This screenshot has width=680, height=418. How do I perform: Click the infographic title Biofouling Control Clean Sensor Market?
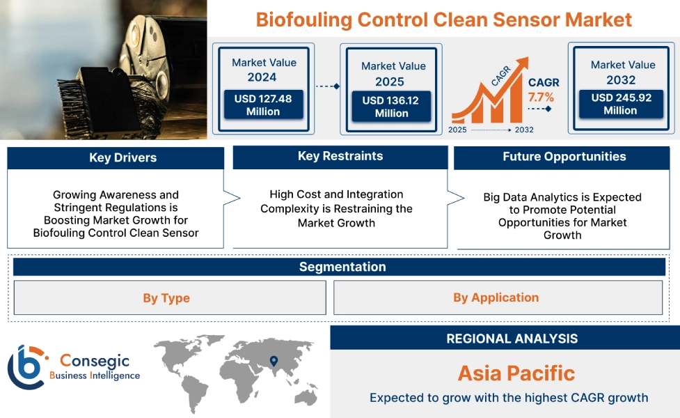pyautogui.click(x=443, y=19)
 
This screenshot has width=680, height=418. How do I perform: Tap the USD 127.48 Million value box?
pyautogui.click(x=263, y=105)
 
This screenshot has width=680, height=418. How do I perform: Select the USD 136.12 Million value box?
pyautogui.click(x=390, y=107)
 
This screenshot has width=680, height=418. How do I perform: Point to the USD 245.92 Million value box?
pyautogui.click(x=621, y=104)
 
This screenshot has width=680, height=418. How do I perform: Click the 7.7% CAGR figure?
pyautogui.click(x=541, y=97)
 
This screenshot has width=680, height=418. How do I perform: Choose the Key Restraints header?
pyautogui.click(x=340, y=157)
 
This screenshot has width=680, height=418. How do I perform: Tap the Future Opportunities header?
pyautogui.click(x=564, y=157)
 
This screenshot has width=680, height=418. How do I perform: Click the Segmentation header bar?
pyautogui.click(x=342, y=267)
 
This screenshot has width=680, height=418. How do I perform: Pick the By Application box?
pyautogui.click(x=496, y=297)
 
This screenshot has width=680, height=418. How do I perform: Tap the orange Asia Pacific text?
pyautogui.click(x=516, y=373)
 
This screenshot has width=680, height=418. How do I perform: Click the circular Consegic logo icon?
pyautogui.click(x=26, y=366)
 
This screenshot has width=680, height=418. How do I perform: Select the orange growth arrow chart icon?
pyautogui.click(x=487, y=98)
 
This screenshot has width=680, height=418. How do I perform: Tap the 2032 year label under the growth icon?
pyautogui.click(x=523, y=130)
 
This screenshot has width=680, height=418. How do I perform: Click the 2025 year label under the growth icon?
pyautogui.click(x=458, y=130)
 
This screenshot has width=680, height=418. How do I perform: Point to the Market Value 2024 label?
pyautogui.click(x=264, y=70)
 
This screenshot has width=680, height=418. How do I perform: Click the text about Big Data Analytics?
pyautogui.click(x=562, y=216)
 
